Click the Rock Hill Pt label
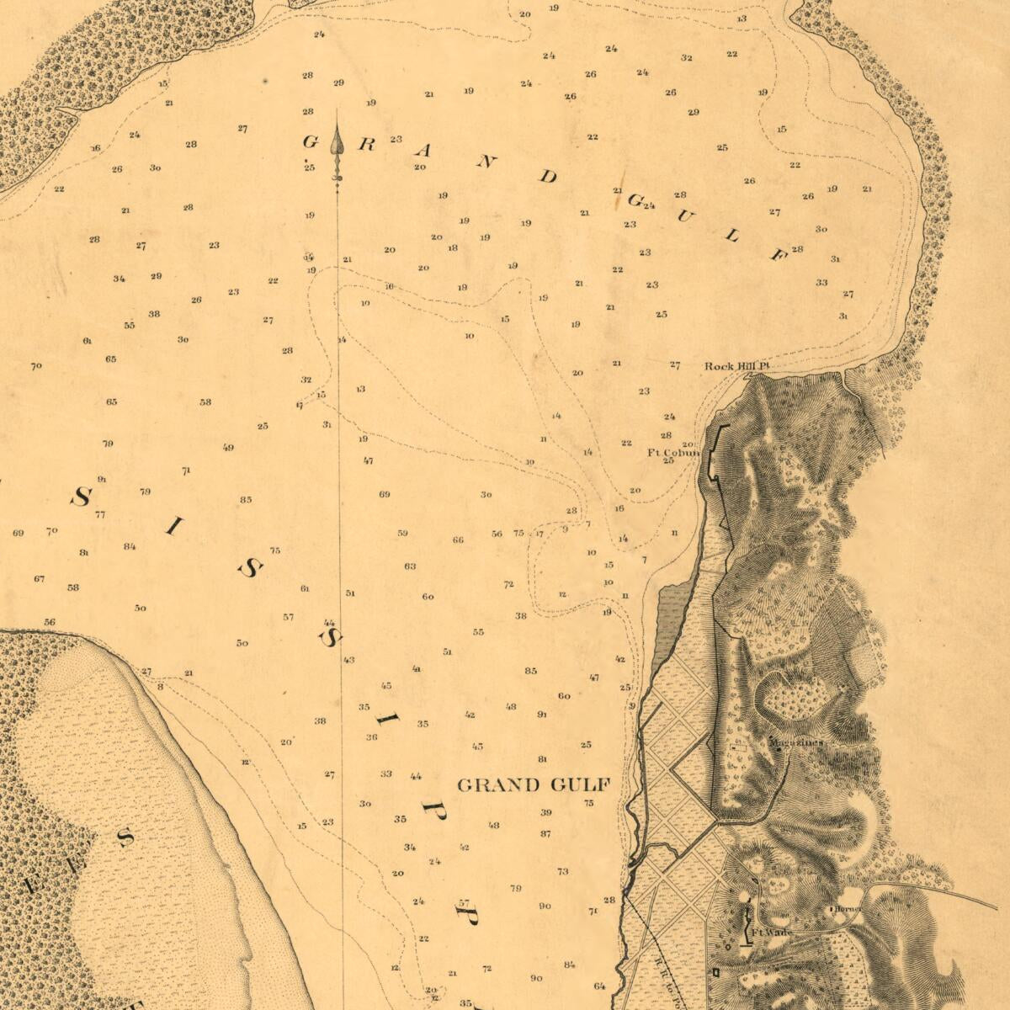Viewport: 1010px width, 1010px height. (737, 366)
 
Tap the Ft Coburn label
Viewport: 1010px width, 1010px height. (672, 453)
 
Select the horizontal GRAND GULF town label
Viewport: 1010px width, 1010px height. (533, 785)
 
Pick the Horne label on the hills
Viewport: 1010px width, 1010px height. (845, 910)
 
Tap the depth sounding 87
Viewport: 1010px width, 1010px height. (545, 833)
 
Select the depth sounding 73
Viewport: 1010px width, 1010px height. (562, 871)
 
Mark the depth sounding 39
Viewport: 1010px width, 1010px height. (545, 812)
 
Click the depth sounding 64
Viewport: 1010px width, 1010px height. (599, 986)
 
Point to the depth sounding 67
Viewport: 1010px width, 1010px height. (39, 578)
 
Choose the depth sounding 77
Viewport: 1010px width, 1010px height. (100, 514)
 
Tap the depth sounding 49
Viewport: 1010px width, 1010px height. (228, 447)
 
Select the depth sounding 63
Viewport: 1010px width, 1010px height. (410, 566)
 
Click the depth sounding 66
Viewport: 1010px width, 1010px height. (458, 540)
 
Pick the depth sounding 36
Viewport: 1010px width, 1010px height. (371, 736)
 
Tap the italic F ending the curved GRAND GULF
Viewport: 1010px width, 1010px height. (778, 254)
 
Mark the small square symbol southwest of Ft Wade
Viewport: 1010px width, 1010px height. (715, 971)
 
